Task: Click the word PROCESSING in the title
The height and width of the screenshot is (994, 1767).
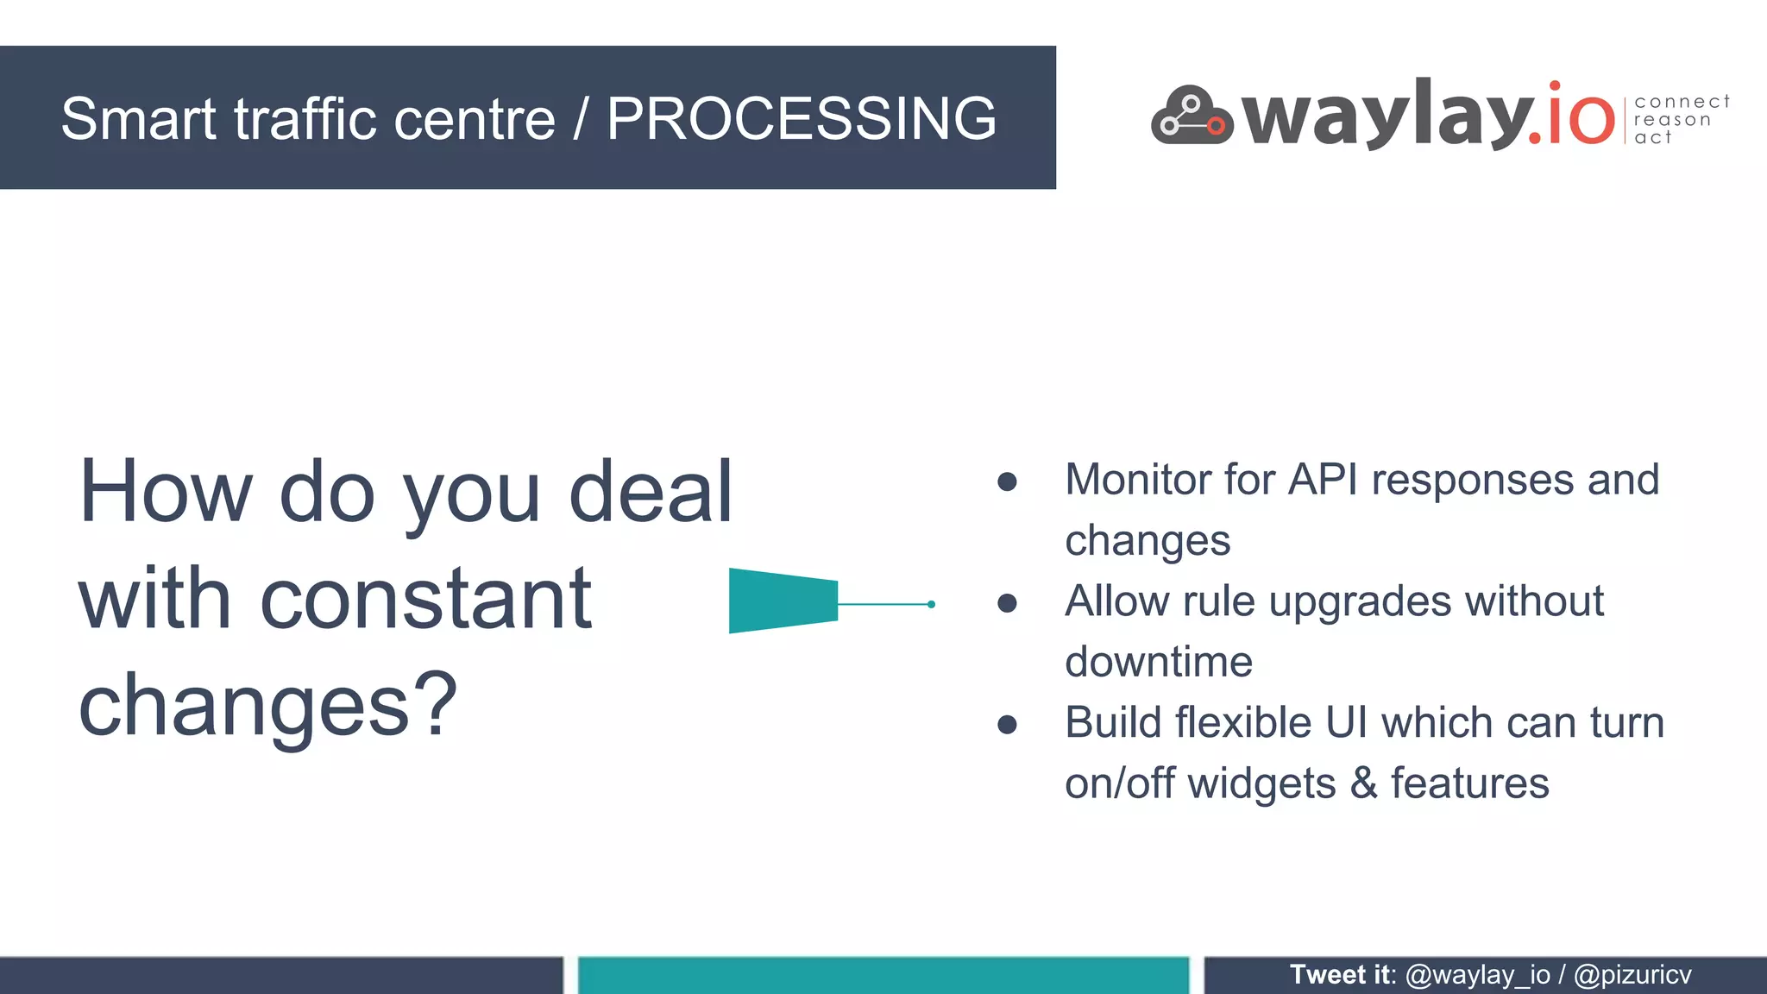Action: pyautogui.click(x=801, y=118)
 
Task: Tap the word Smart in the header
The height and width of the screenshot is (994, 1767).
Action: pyautogui.click(x=138, y=118)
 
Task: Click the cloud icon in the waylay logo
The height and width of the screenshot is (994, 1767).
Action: pyautogui.click(x=1192, y=116)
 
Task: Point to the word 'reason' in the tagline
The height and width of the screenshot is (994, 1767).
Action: pyautogui.click(x=1672, y=120)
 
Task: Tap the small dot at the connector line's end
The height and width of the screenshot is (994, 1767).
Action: pyautogui.click(x=931, y=604)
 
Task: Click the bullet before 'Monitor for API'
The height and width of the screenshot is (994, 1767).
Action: pyautogui.click(x=1007, y=481)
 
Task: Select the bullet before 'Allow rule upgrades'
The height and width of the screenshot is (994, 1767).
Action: pyautogui.click(x=1007, y=603)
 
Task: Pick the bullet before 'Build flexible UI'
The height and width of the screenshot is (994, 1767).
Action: pyautogui.click(x=1007, y=725)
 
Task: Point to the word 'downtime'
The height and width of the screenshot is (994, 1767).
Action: pyautogui.click(x=1158, y=663)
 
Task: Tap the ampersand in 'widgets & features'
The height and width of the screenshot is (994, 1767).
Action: pyautogui.click(x=1363, y=783)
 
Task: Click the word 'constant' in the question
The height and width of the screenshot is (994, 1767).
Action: pyautogui.click(x=425, y=599)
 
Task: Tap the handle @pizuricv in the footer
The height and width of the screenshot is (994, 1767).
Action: pyautogui.click(x=1632, y=975)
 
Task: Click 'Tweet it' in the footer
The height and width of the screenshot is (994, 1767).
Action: pyautogui.click(x=1340, y=975)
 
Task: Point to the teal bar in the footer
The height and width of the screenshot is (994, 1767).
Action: pyautogui.click(x=883, y=976)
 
